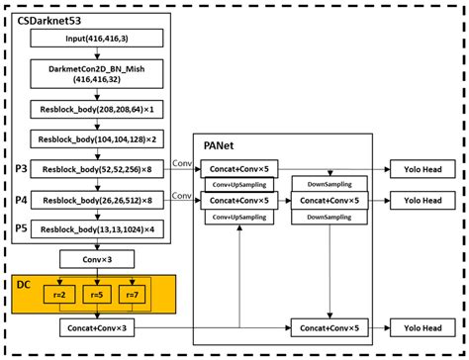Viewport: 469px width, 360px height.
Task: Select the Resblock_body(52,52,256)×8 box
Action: click(96, 169)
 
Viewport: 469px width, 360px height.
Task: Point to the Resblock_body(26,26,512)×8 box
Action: click(96, 200)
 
